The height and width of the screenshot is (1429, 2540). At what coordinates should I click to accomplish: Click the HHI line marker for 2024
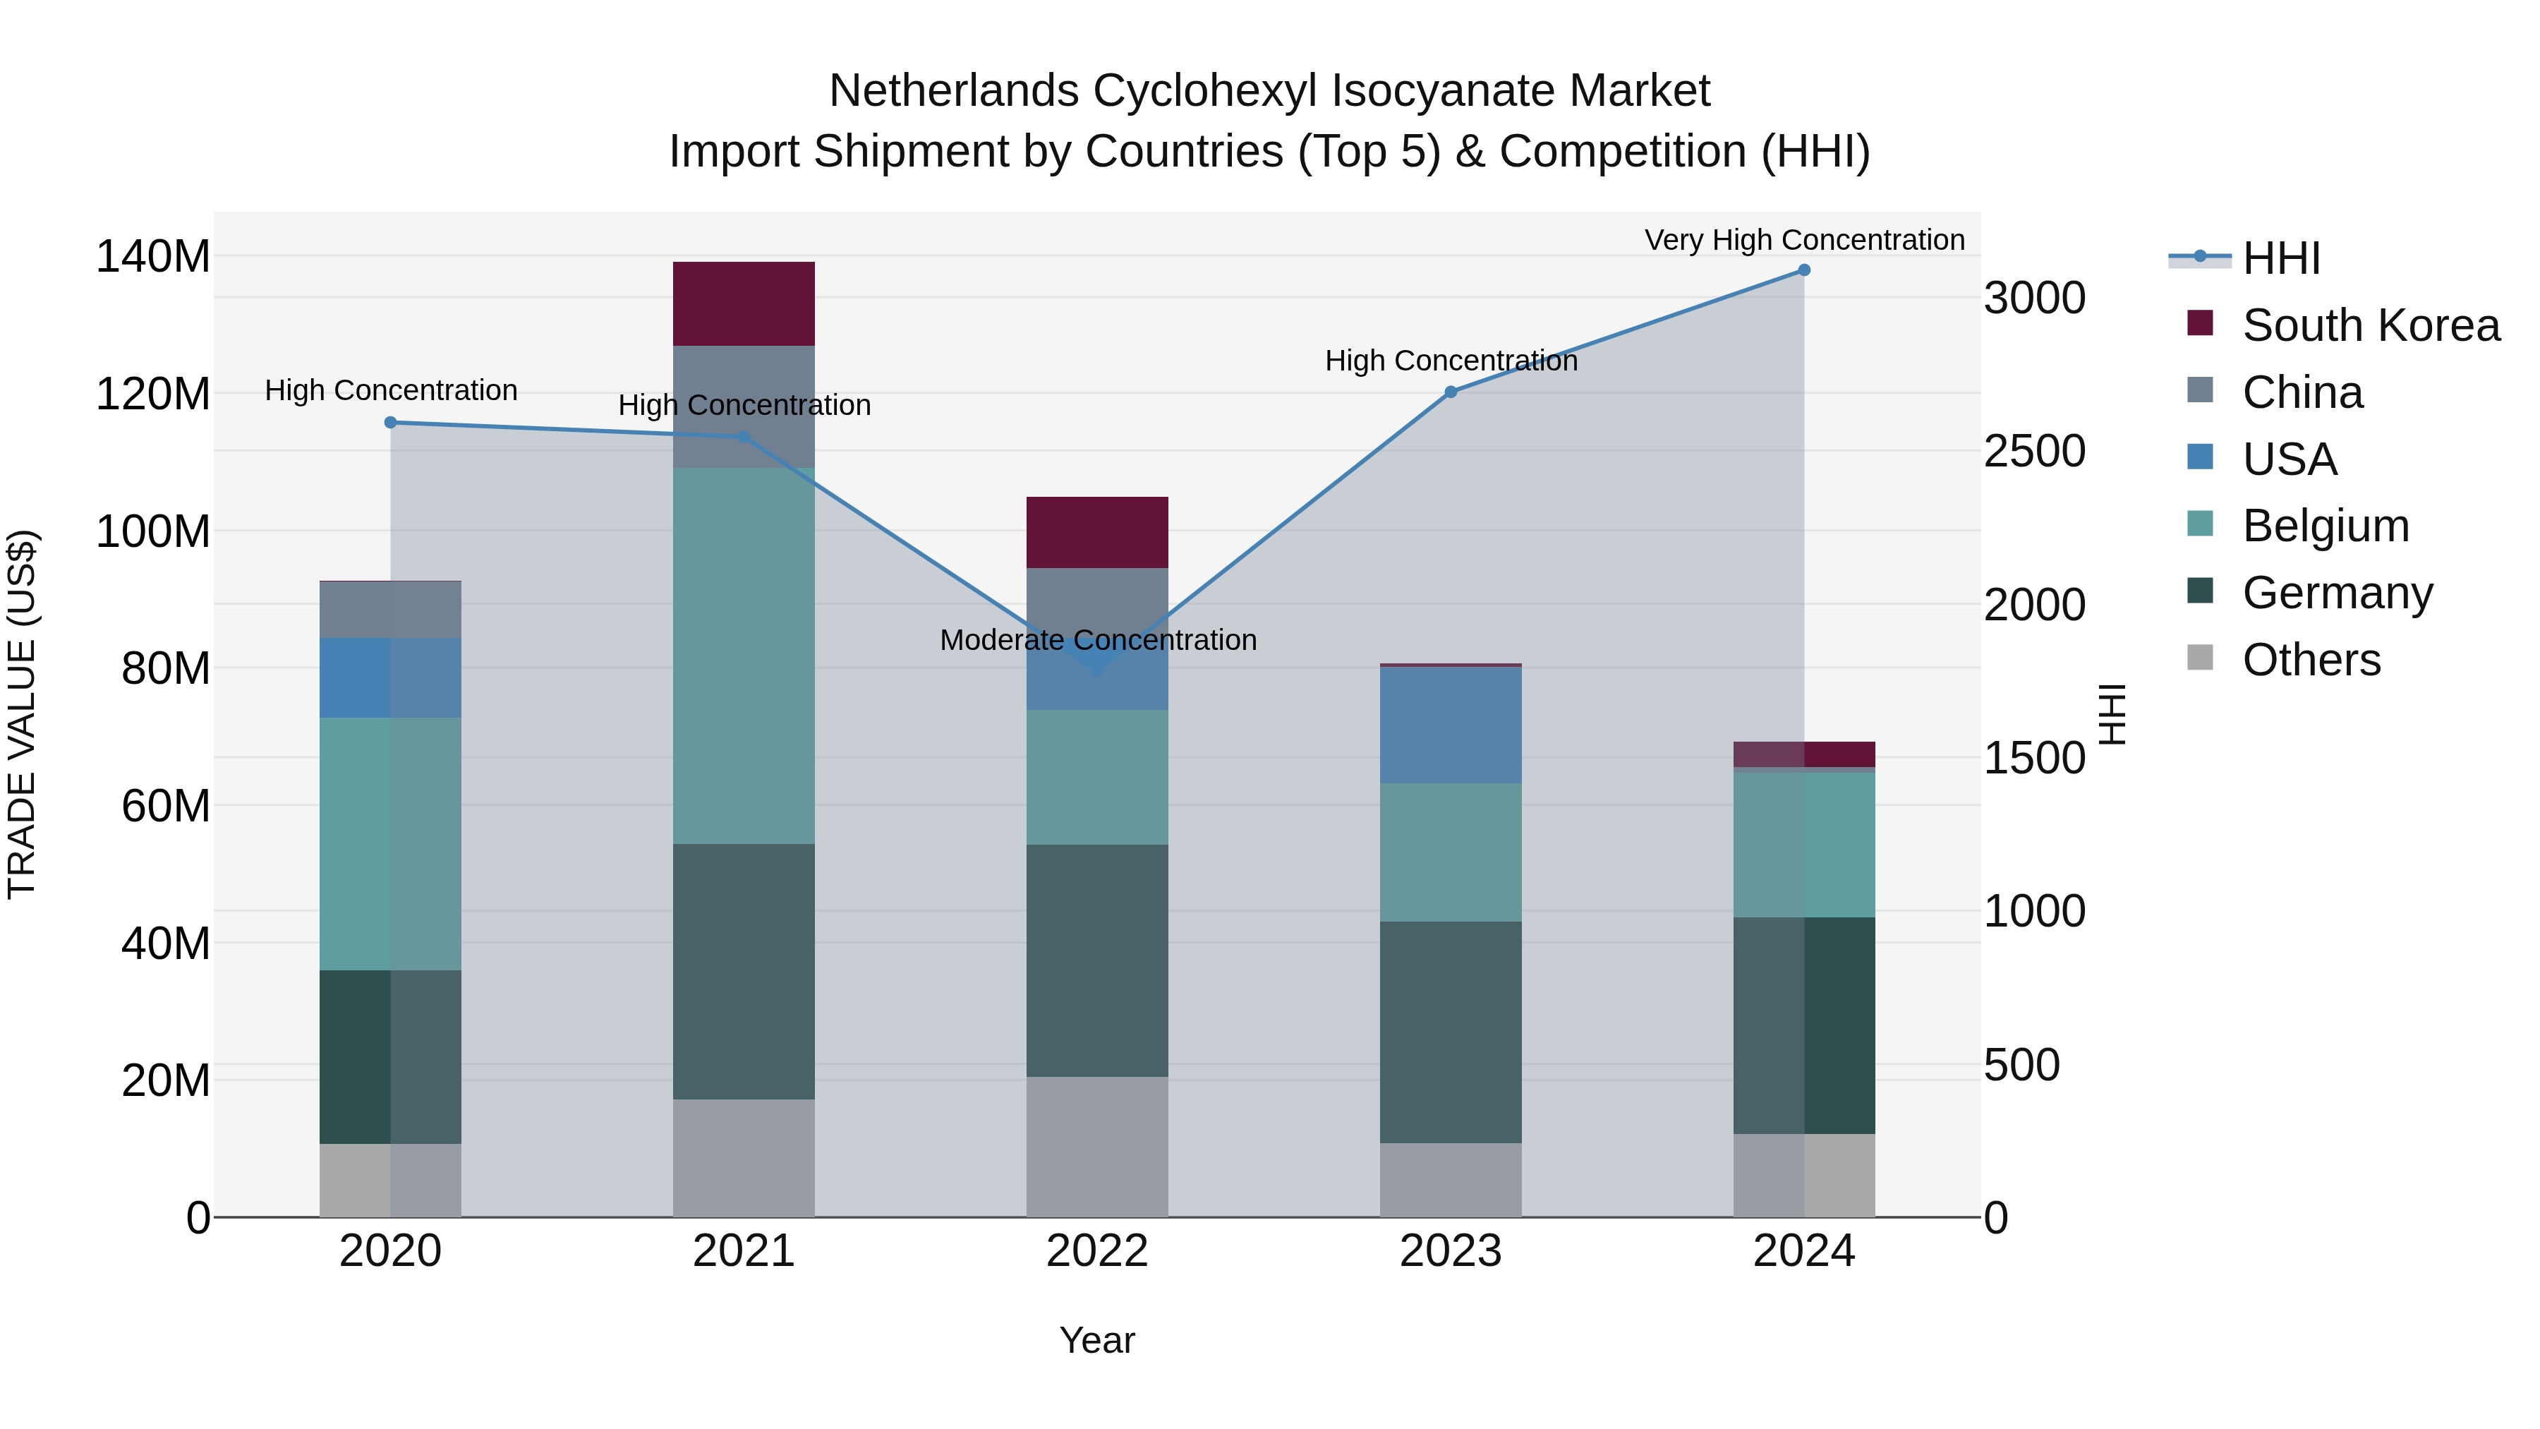coord(1803,270)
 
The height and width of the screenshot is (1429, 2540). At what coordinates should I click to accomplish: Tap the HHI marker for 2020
coord(390,422)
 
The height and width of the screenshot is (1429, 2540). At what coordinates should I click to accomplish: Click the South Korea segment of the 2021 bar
coord(744,303)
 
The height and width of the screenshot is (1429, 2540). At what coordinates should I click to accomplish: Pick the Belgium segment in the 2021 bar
coord(744,656)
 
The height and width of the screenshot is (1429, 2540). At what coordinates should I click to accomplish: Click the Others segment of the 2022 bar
coord(1096,1146)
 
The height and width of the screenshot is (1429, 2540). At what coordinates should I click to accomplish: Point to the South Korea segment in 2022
coord(1096,533)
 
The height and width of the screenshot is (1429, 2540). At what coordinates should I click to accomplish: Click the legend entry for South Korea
coord(2371,325)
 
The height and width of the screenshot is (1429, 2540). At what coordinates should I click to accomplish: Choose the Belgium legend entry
coord(2325,526)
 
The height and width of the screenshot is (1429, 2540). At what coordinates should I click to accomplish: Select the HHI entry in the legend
coord(2280,258)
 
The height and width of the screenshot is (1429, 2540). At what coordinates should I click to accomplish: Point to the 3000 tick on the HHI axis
coord(2035,298)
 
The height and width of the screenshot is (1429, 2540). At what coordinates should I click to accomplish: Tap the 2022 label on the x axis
coord(1096,1251)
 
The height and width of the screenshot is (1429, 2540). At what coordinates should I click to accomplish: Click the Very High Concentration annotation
coord(1804,240)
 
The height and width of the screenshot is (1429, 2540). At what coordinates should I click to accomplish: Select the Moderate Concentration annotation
coord(1097,640)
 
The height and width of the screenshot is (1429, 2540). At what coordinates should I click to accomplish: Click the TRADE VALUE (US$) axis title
coord(22,714)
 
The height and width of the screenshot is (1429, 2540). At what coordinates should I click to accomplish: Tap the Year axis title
coord(1096,1340)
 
